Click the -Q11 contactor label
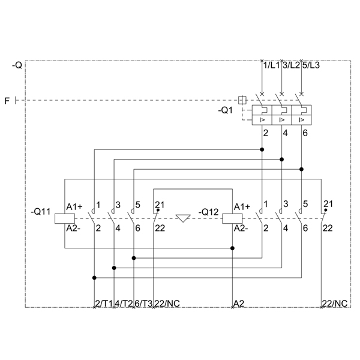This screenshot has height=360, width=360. coord(40,211)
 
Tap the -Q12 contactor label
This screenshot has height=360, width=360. coord(208,212)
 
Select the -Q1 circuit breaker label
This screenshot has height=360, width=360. coord(225,110)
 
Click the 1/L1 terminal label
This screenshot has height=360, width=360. coord(272,65)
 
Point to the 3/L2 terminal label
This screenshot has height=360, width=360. coord(292,65)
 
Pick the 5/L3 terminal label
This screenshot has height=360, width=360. coord(311,65)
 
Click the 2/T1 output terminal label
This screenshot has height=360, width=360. coord(104,303)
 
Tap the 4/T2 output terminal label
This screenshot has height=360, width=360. coord(124,303)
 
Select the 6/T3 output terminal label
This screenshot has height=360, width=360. coord(143,303)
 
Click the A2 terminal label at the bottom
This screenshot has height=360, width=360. coord(239,303)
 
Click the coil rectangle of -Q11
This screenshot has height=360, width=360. coord(65,218)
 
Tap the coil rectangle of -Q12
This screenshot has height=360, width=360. coord(232,218)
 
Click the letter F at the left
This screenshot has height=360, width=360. coord(7,101)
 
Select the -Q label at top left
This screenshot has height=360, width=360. coord(17,65)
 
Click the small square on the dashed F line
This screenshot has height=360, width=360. coord(242,100)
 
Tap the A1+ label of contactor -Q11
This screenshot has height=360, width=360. coord(74,207)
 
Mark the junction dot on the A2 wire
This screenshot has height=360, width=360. coord(232,248)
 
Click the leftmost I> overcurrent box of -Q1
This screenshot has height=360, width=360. coord(262,120)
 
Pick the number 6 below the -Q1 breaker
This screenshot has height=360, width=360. coord(305,133)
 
